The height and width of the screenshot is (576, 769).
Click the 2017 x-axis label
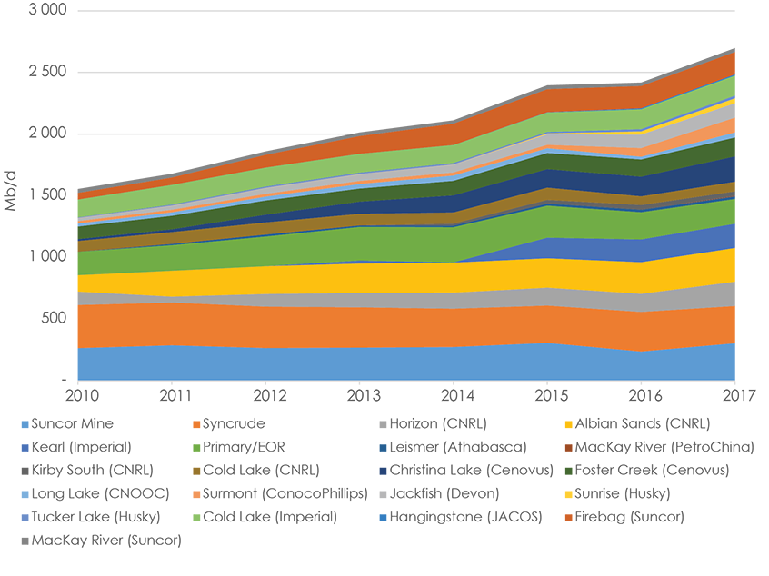tap(734, 395)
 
